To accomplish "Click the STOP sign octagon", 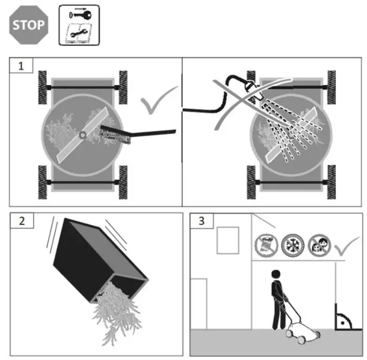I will click(x=29, y=25).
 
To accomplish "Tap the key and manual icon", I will click(x=78, y=25).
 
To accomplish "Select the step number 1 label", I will click(x=21, y=66).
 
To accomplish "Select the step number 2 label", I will click(x=21, y=221).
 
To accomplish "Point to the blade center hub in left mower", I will click(x=82, y=135).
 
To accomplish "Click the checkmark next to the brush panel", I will click(x=157, y=100).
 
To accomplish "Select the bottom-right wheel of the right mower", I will click(x=332, y=181).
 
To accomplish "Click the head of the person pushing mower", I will click(x=275, y=274).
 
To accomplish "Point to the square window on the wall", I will click(x=227, y=240).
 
